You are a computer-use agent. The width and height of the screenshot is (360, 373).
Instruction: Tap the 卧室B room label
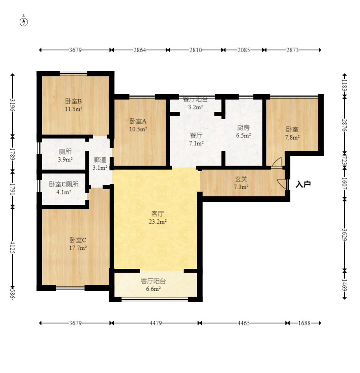(74, 102)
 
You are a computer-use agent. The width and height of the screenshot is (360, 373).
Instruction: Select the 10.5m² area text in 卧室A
(138, 129)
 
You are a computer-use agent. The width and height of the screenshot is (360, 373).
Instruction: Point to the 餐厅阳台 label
(196, 100)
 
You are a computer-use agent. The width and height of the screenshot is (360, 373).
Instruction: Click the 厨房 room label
(243, 128)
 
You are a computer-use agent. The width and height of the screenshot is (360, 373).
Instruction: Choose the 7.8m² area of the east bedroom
(292, 137)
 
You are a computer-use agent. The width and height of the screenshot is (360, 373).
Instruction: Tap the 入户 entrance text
(303, 185)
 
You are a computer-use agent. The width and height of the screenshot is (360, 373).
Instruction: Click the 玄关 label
(241, 179)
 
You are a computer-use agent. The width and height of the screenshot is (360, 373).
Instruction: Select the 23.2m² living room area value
(157, 222)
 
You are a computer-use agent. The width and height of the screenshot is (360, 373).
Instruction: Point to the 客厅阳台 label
(153, 281)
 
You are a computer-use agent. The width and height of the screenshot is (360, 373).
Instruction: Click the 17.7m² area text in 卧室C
(78, 248)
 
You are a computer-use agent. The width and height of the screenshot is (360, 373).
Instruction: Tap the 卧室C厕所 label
(64, 184)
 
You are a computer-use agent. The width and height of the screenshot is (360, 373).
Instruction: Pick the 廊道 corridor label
(100, 160)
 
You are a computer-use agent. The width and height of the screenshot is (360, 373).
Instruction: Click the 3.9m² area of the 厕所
(65, 159)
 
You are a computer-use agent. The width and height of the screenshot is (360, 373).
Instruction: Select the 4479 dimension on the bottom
(156, 323)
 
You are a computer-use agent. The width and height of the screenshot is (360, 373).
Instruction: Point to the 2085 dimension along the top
(244, 50)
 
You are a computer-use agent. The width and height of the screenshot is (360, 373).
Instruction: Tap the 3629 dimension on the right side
(344, 235)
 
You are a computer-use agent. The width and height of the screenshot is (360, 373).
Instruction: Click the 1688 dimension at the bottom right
(304, 323)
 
